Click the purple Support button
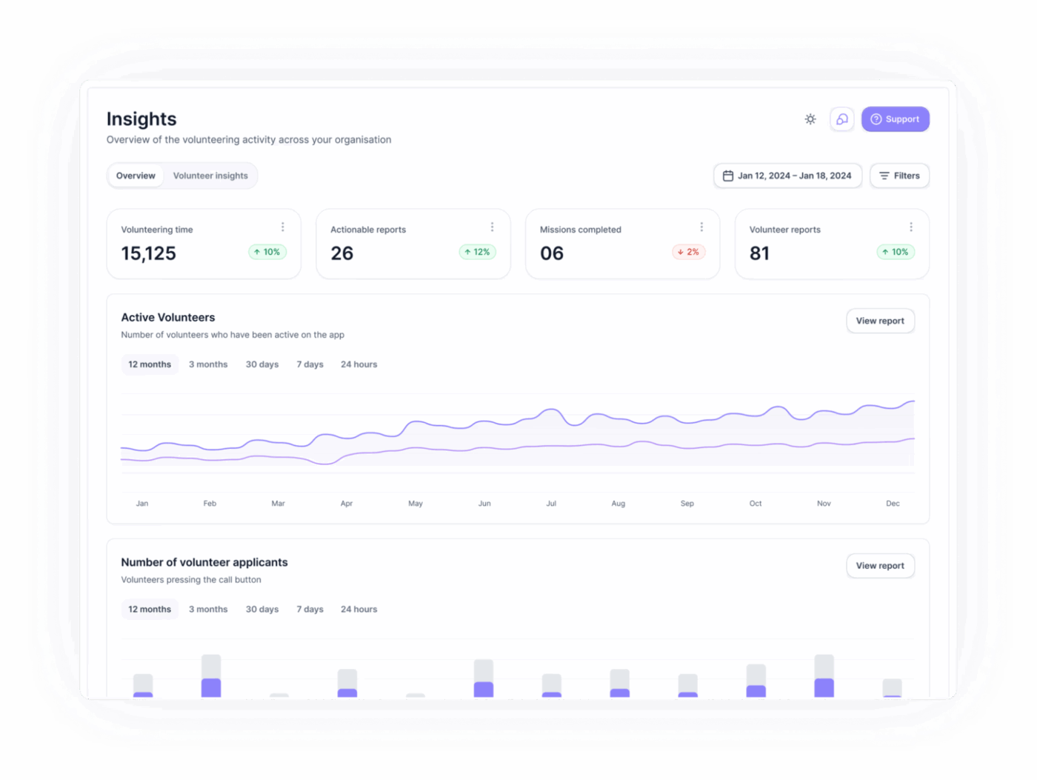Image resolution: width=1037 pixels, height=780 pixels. [895, 119]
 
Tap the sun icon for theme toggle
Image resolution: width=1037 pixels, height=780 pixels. [810, 119]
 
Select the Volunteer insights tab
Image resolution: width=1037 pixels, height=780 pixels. [210, 176]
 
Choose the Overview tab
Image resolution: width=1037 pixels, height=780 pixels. [136, 176]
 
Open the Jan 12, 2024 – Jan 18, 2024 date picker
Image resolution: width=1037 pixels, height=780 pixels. [787, 176]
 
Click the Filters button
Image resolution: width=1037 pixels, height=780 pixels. [899, 176]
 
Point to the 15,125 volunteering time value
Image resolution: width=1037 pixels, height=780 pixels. [149, 253]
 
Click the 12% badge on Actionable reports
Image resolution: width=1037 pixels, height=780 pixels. [477, 253]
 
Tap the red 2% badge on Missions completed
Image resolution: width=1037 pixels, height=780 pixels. [688, 253]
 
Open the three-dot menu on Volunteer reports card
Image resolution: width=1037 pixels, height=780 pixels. [910, 227]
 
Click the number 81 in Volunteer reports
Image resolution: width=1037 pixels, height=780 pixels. [759, 253]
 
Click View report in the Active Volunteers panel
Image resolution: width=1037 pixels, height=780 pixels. [880, 321]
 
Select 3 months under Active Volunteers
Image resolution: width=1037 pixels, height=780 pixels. [208, 364]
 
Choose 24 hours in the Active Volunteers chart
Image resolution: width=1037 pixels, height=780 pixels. [359, 364]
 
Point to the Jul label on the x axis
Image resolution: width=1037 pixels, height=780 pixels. [551, 504]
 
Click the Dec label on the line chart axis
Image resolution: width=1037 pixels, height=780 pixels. [893, 504]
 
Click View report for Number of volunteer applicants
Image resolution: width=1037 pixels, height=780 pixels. [880, 566]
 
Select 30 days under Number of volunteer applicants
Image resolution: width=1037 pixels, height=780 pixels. [262, 610]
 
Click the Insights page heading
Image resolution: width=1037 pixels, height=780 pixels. [141, 119]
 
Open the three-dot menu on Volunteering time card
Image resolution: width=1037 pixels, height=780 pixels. [282, 227]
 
